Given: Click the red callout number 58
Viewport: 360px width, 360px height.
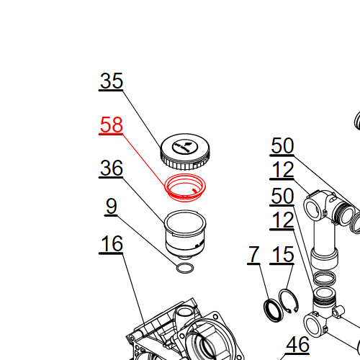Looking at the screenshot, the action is click(112, 125).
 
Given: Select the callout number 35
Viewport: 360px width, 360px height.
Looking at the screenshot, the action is click(112, 81).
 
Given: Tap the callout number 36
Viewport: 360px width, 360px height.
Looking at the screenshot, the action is click(112, 168).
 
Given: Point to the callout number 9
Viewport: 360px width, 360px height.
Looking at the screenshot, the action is click(112, 206).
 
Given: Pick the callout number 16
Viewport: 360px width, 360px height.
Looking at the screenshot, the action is click(112, 243).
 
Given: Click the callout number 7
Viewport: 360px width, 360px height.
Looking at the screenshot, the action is click(253, 254).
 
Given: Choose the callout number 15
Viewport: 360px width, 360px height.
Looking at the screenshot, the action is click(282, 254).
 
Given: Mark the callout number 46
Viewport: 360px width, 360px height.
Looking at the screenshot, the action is click(297, 344).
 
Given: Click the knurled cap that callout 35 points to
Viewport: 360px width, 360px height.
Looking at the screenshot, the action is click(185, 152).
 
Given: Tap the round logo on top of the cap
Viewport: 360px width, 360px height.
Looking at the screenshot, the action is click(185, 147).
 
